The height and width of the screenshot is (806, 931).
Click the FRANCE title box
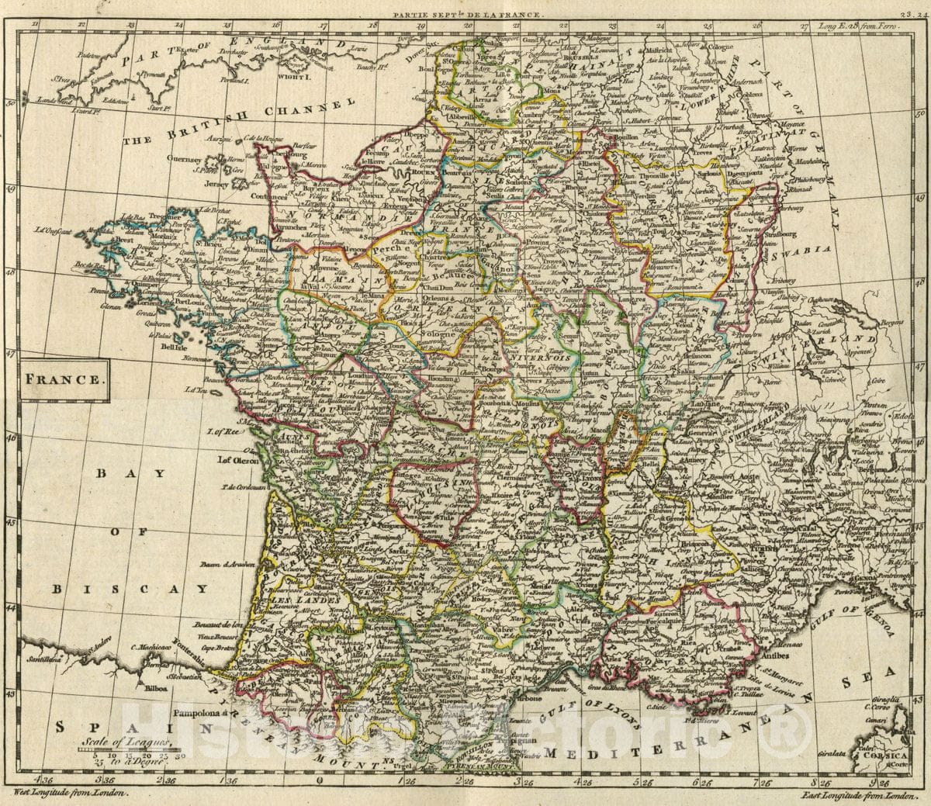pos(66,380)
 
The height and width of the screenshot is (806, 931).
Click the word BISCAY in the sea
pos(132,589)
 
